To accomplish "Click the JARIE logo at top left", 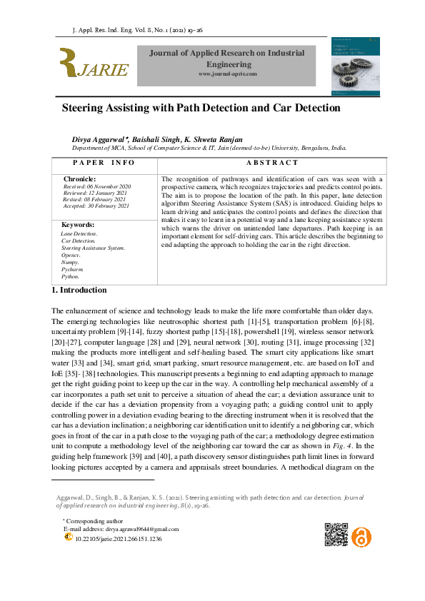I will (94, 64).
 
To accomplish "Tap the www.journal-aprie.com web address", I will (227, 74).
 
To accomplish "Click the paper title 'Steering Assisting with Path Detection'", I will (201, 108).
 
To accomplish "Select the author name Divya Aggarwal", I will (106, 138).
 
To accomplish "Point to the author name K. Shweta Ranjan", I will (214, 138).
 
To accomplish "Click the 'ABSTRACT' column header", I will (271, 163).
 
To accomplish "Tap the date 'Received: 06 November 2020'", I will (96, 186).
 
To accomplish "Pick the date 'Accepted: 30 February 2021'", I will (96, 206).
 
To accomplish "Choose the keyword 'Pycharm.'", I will (73, 269).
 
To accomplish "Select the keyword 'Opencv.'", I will (71, 255).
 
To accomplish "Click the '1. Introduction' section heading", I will (79, 290).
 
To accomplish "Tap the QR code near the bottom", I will (335, 535).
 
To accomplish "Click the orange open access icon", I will (362, 535).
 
